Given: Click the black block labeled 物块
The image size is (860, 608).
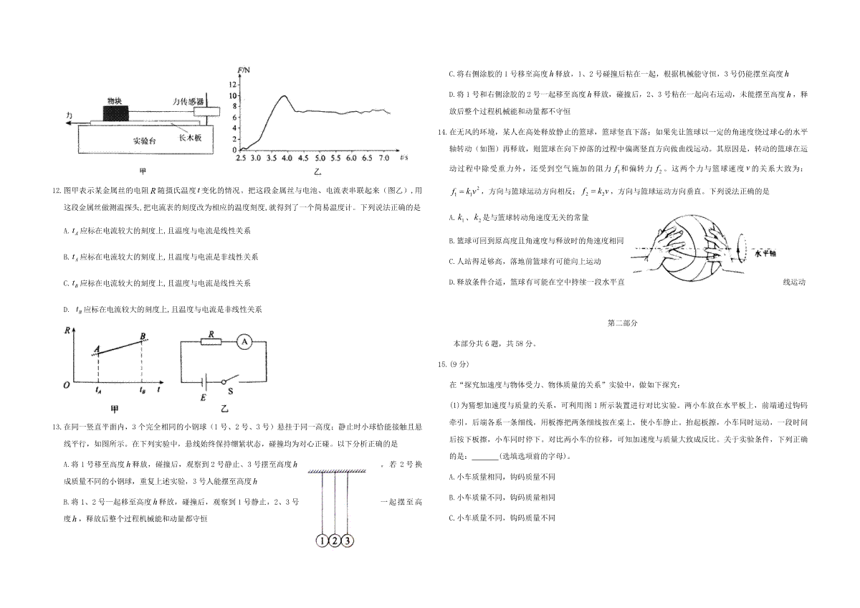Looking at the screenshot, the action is tap(116, 113).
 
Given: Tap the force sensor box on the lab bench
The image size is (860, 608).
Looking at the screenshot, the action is tap(206, 111).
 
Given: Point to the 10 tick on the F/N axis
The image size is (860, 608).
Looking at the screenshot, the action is tap(233, 95).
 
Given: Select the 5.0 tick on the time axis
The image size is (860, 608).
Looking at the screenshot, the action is tap(320, 158).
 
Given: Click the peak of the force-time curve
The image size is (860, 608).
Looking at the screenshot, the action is tap(284, 95).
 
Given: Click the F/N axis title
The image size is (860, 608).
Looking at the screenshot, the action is tap(244, 70).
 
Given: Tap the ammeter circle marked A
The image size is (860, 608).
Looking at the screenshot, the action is tap(244, 342).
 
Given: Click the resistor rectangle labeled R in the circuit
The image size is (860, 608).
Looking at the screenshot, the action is tap(211, 342).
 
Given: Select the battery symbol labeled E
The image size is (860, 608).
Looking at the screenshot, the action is tap(205, 381).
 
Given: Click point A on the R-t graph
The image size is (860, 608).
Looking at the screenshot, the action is tap(98, 353).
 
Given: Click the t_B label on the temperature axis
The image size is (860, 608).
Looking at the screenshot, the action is tap(143, 390).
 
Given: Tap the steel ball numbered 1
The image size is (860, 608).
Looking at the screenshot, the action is tap(322, 541).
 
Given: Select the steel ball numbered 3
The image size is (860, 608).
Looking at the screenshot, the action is tap(347, 541).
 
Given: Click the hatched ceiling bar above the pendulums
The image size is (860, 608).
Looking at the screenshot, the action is tap(337, 471).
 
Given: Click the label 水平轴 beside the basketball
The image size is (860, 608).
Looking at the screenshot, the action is tap(765, 254).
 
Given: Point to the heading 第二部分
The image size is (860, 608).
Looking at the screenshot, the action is tap(622, 323).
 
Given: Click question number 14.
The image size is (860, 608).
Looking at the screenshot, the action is tap(442, 132).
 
